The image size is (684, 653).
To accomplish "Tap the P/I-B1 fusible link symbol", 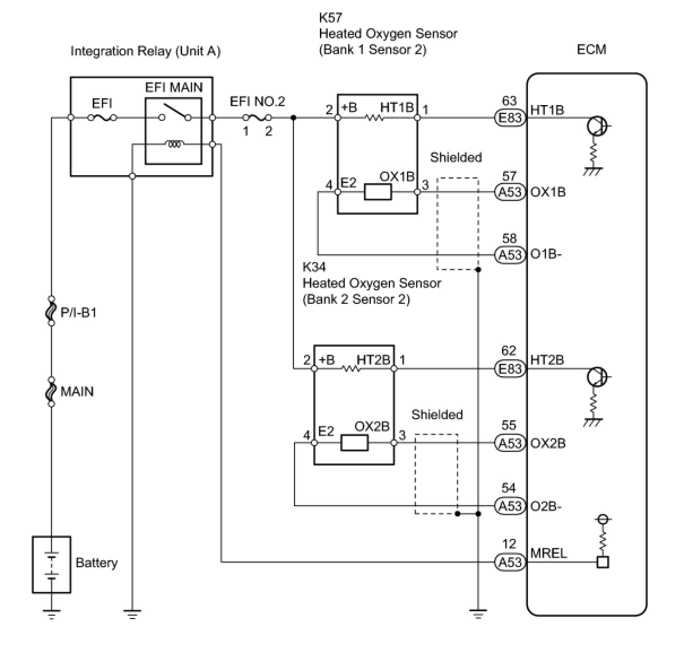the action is tap(51, 311).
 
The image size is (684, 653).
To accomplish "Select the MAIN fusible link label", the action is tap(77, 391).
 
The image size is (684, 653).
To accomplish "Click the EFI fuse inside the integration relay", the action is tap(102, 117).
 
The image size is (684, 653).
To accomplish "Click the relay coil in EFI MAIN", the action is tap(174, 144).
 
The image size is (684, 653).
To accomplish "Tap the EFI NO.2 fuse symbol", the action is tap(257, 117).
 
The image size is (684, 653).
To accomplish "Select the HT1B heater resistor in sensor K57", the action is tap(375, 117).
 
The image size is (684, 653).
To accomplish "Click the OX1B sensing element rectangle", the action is tap(378, 192).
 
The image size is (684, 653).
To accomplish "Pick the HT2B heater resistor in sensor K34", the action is tap(351, 368).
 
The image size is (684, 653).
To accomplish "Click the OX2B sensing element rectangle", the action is tap(354, 443).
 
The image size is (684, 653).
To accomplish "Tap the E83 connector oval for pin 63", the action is tap(510, 117).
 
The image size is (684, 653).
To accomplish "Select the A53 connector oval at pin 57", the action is tap(510, 192).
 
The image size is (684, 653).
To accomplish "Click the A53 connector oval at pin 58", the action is tap(510, 255).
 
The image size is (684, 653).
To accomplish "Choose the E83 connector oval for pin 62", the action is tap(510, 369).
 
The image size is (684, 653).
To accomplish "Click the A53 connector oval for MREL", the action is tap(510, 562).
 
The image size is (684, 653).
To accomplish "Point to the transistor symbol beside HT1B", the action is tap(597, 126).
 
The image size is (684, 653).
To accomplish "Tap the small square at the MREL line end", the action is tap(603, 562).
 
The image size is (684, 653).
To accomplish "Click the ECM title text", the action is tap(591, 50).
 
